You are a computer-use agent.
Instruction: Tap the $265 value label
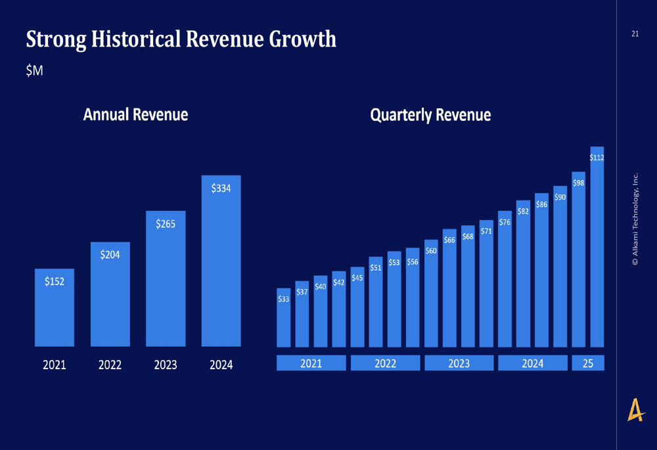tap(166, 224)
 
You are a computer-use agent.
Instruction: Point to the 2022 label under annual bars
tap(110, 365)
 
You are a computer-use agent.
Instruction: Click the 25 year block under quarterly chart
tap(588, 363)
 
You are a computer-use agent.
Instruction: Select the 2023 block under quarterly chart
tap(459, 363)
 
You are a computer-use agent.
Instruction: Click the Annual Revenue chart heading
tap(135, 115)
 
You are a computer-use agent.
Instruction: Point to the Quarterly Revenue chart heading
tap(430, 115)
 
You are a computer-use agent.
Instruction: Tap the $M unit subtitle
tap(34, 71)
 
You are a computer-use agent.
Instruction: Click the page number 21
tap(635, 34)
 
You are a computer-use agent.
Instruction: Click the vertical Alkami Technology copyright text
tap(635, 219)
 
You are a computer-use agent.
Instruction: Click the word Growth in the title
tap(303, 39)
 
